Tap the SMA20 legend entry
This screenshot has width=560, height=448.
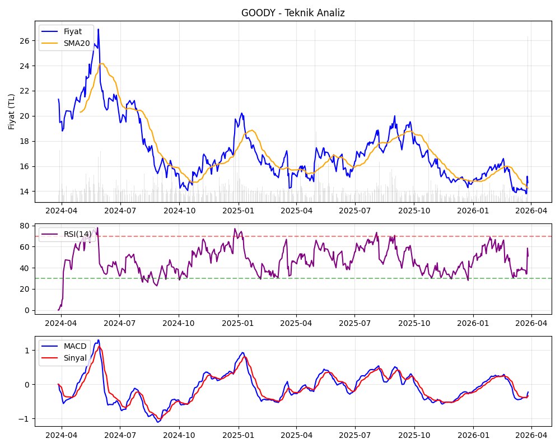click(x=77, y=43)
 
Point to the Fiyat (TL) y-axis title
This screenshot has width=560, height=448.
click(x=12, y=111)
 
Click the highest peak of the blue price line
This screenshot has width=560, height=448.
click(x=98, y=29)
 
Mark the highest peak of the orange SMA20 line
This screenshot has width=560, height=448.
click(x=102, y=64)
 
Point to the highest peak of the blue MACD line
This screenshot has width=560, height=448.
click(x=98, y=340)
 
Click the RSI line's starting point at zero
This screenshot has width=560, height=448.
click(x=58, y=310)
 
